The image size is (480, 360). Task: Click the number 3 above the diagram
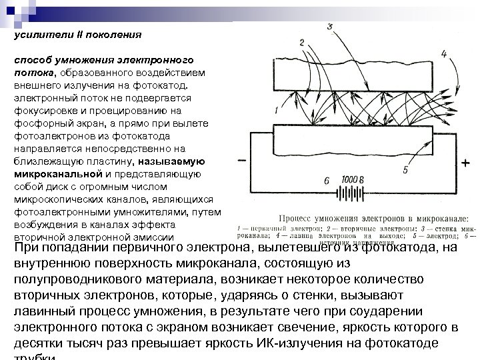pyautogui.click(x=330, y=26)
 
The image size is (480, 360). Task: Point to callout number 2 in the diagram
pyautogui.click(x=302, y=42)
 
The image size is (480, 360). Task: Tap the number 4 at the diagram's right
pyautogui.click(x=444, y=53)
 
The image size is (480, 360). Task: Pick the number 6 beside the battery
pyautogui.click(x=327, y=181)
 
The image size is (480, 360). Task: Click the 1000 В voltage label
pyautogui.click(x=353, y=180)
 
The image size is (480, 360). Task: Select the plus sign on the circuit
pyautogui.click(x=465, y=163)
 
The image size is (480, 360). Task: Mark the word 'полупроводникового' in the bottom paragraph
pyautogui.click(x=76, y=279)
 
